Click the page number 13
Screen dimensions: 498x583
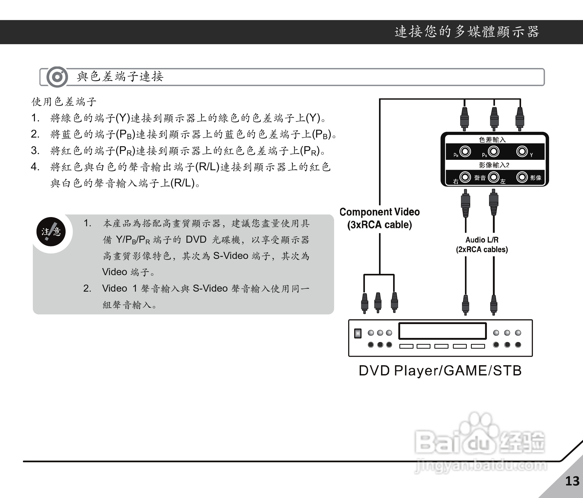[572, 481]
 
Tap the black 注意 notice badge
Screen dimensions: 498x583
[51, 231]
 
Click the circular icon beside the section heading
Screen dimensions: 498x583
[57, 77]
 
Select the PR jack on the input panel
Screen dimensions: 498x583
[465, 151]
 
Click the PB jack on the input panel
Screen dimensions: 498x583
[493, 151]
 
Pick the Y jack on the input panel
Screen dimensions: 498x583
[522, 151]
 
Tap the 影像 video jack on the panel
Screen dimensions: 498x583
[522, 177]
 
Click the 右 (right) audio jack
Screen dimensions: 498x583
[465, 177]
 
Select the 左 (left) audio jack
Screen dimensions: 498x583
[493, 177]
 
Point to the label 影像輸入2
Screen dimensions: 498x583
[494, 165]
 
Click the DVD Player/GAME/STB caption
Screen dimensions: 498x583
[440, 371]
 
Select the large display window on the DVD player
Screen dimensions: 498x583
[442, 331]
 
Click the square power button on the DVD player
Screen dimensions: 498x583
[358, 333]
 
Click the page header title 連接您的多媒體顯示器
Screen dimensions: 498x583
[467, 32]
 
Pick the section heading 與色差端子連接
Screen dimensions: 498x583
[120, 77]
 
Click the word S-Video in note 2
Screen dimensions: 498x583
[210, 288]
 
